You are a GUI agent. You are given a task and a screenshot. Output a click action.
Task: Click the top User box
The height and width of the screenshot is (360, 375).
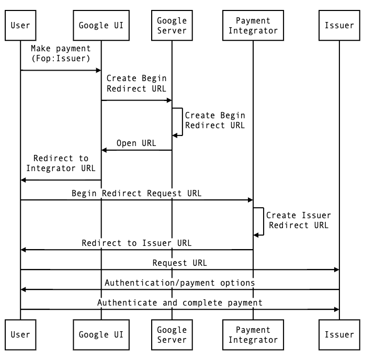[x=20, y=25]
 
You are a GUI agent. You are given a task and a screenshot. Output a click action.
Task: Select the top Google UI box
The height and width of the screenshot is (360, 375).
[x=101, y=25]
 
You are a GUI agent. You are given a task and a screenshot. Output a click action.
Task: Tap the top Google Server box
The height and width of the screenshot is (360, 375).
[x=172, y=25]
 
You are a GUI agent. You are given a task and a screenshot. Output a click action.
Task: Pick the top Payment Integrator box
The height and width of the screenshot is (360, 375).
[x=253, y=25]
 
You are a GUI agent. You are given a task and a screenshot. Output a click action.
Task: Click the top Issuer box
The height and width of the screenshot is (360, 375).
[x=339, y=25]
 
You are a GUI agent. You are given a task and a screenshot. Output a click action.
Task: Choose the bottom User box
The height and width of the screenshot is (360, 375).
[x=20, y=335]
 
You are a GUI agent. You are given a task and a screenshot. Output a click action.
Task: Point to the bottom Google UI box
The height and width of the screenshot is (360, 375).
[x=101, y=335]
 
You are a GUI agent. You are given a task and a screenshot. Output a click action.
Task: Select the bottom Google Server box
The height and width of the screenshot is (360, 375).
[x=172, y=335]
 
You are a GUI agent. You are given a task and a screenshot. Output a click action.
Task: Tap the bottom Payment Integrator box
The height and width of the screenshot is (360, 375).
[x=253, y=335]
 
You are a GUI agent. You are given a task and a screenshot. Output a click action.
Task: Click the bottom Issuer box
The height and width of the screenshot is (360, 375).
[x=339, y=335]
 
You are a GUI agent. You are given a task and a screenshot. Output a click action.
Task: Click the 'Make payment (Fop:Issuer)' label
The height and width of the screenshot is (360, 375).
[x=61, y=53]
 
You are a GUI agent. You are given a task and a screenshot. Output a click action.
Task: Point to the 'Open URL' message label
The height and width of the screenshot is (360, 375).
[x=137, y=143]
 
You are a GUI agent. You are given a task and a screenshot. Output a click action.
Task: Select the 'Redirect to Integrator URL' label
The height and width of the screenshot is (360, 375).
[x=61, y=163]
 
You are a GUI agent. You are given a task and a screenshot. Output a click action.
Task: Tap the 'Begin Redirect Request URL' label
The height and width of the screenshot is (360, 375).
[x=137, y=193]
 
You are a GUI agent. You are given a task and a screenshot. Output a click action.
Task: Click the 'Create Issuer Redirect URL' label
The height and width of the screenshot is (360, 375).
[x=299, y=220]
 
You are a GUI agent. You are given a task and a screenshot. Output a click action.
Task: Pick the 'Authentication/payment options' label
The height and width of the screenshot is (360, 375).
[x=180, y=283]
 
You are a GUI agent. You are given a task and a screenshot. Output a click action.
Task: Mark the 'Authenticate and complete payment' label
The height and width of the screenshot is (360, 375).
[x=180, y=302]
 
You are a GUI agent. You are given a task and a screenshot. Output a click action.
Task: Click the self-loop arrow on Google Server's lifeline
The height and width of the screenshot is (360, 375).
[x=183, y=122]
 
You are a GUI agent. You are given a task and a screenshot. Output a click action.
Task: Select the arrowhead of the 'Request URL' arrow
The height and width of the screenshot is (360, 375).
[x=337, y=269]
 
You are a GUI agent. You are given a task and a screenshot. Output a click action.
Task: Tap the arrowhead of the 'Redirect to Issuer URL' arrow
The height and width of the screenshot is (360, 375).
[x=23, y=250]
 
